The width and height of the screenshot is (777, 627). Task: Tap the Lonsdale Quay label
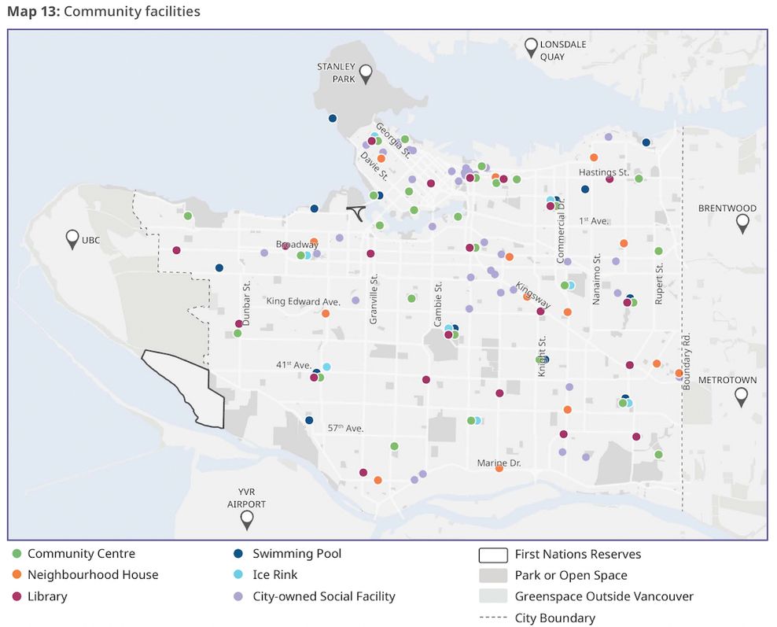pyautogui.click(x=562, y=50)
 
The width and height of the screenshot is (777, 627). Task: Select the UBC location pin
pyautogui.click(x=72, y=238)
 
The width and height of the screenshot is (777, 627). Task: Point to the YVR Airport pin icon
pyautogui.click(x=247, y=518)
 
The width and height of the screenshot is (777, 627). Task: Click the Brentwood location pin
pyautogui.click(x=742, y=224)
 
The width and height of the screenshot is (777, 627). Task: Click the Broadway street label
pyautogui.click(x=296, y=245)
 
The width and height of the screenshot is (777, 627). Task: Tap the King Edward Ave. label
pyautogui.click(x=303, y=301)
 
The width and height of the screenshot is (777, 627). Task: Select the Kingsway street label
pyautogui.click(x=533, y=294)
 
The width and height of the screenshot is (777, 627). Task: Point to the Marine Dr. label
pyautogui.click(x=499, y=463)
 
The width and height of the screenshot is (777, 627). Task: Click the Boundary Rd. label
pyautogui.click(x=687, y=360)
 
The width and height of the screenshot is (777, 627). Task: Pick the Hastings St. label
pyautogui.click(x=604, y=172)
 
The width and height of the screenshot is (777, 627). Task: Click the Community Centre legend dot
pyautogui.click(x=17, y=554)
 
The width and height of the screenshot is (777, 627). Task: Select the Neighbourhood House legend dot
pyautogui.click(x=17, y=575)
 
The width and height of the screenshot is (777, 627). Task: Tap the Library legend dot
pyautogui.click(x=17, y=596)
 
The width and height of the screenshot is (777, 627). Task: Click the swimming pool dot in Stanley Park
pyautogui.click(x=333, y=118)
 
